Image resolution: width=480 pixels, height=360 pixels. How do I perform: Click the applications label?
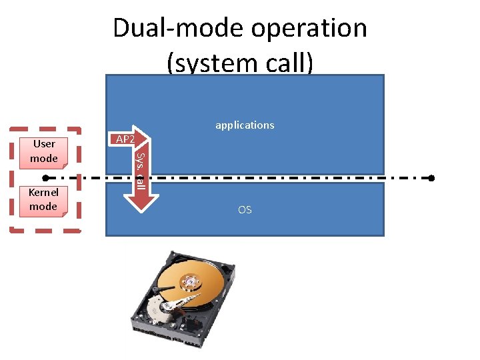coord(245,125)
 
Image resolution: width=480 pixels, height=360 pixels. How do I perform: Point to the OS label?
coord(245,210)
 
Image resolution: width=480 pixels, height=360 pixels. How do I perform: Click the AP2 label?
coord(125,139)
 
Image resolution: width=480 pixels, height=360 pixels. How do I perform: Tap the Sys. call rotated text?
coord(140,170)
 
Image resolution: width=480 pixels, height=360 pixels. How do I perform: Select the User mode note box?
coord(44,151)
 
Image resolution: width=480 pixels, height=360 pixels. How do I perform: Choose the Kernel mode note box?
coord(43,199)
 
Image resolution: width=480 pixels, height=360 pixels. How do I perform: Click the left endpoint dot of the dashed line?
coord(45,179)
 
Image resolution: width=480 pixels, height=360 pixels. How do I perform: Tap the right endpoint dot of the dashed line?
coord(431,179)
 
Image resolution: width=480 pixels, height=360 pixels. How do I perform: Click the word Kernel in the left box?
coord(43,193)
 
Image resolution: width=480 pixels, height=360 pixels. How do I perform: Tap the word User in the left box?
coord(44,144)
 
